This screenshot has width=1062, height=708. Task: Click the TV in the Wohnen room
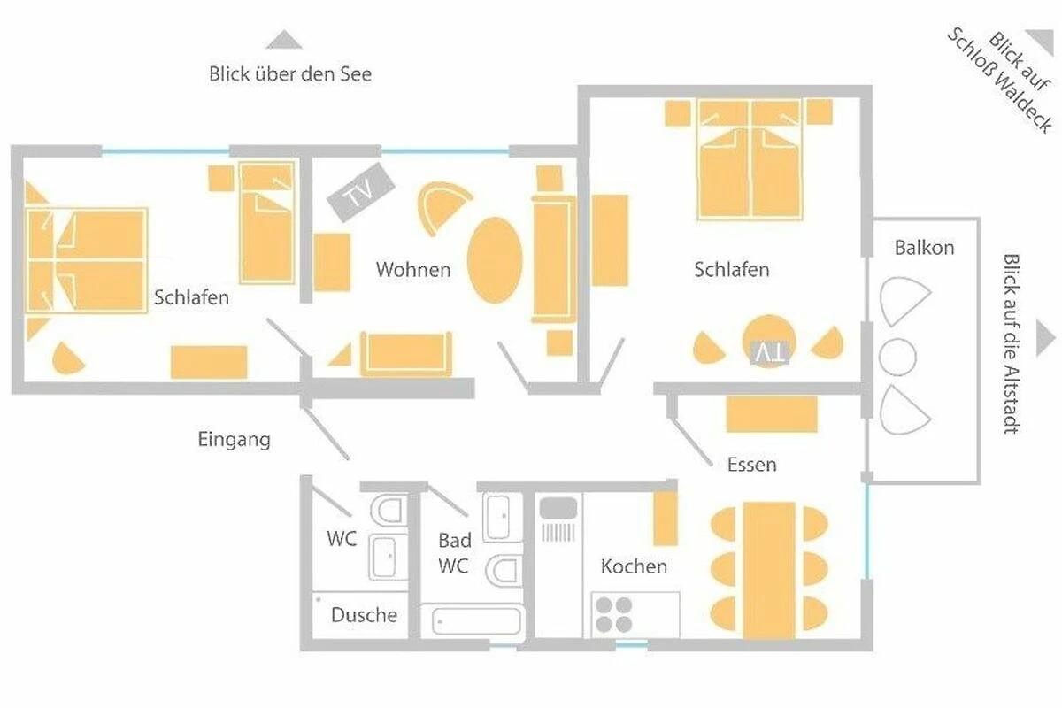[361, 192]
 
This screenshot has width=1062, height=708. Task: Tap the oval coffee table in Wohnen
[495, 260]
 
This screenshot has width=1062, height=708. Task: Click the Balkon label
[924, 248]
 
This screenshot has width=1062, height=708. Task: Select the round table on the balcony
[897, 357]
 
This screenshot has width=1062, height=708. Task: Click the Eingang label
[235, 440]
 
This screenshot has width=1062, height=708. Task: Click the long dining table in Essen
[769, 571]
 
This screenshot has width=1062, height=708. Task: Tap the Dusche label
[364, 615]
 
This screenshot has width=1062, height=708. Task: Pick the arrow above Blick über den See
[284, 39]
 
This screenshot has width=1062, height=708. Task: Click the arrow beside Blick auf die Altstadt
[1046, 338]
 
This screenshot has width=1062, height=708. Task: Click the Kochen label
[634, 566]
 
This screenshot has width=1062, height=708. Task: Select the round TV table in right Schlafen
[769, 341]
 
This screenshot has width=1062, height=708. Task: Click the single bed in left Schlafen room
[267, 223]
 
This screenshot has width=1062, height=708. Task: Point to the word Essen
[752, 465]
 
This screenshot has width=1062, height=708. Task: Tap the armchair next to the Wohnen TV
[443, 208]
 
